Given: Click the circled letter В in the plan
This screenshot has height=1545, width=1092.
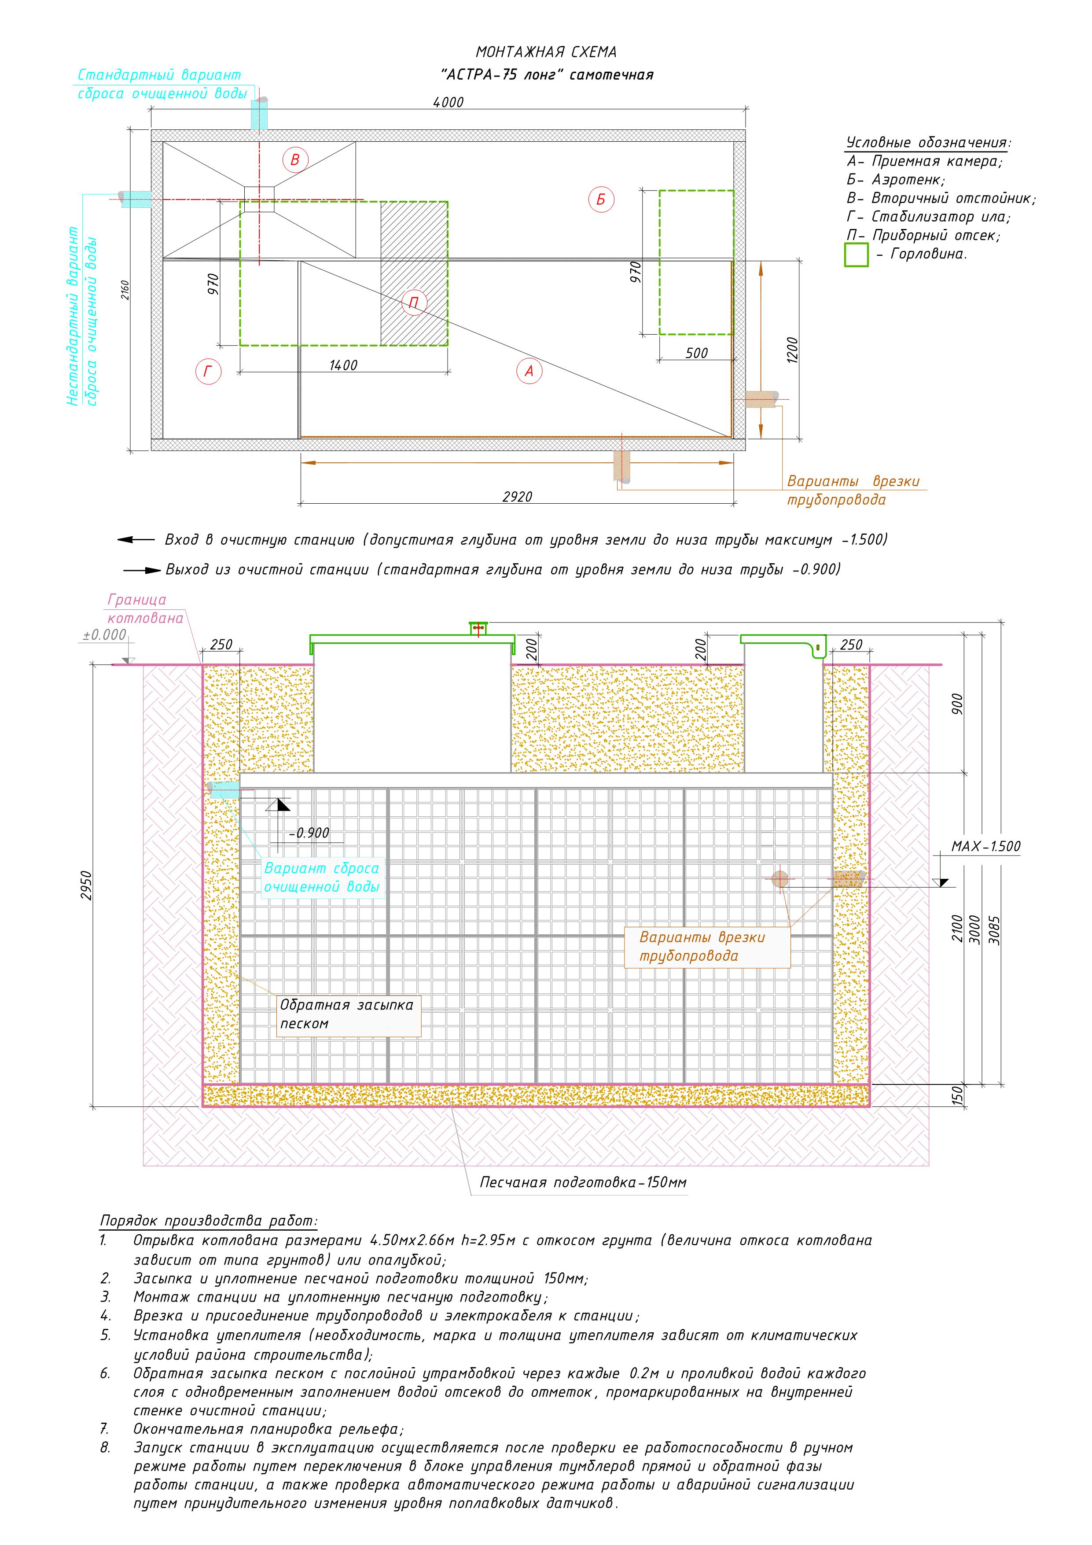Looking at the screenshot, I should pyautogui.click(x=295, y=160).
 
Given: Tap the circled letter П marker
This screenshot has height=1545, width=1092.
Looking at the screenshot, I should pyautogui.click(x=414, y=303).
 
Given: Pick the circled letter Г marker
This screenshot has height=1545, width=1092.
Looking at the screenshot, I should pyautogui.click(x=208, y=372).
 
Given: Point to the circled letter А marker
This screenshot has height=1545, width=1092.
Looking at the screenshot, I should pyautogui.click(x=529, y=371).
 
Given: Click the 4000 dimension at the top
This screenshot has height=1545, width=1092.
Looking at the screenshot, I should pyautogui.click(x=448, y=102).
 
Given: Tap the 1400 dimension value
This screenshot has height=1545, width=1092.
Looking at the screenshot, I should pyautogui.click(x=343, y=365).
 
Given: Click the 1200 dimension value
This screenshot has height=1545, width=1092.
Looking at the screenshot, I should pyautogui.click(x=791, y=350).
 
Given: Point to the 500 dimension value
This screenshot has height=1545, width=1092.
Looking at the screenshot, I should pyautogui.click(x=696, y=353).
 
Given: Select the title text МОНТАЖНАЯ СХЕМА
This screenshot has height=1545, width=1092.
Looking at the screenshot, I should pyautogui.click(x=546, y=52).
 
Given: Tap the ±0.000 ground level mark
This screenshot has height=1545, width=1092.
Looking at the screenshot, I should pyautogui.click(x=104, y=634).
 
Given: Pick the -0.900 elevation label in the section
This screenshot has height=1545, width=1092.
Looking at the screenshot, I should pyautogui.click(x=309, y=833).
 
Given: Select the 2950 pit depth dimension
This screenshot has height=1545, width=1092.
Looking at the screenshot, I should pyautogui.click(x=87, y=885).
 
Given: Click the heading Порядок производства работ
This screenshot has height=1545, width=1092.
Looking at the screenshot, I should pyautogui.click(x=209, y=1221).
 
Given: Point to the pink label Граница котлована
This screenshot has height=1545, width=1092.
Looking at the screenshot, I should pyautogui.click(x=145, y=609).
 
